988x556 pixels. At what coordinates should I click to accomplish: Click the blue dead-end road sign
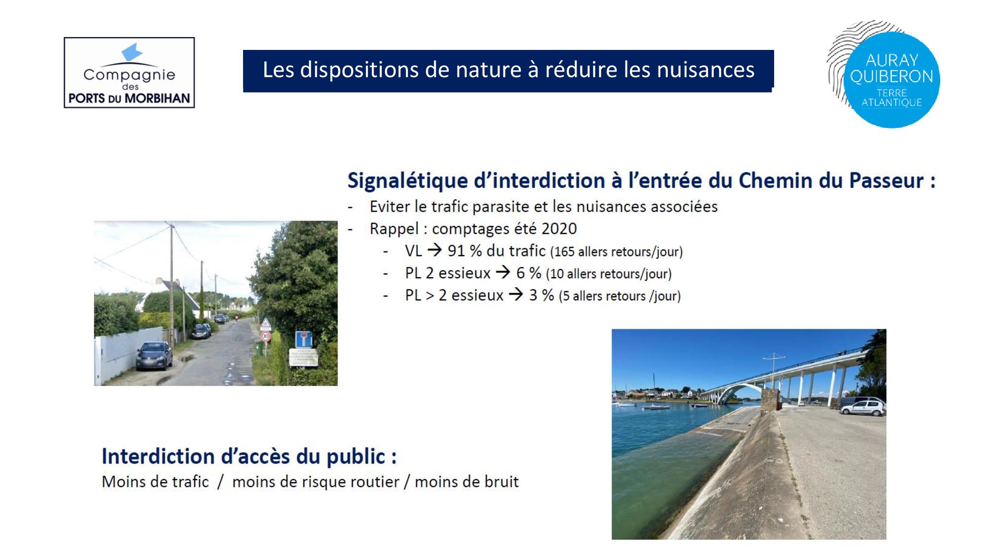click(x=303, y=339)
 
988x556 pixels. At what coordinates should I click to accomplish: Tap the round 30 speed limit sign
click(x=265, y=337)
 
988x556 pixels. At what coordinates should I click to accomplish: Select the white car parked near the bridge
click(x=863, y=408)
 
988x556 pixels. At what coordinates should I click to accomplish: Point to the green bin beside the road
click(x=258, y=348)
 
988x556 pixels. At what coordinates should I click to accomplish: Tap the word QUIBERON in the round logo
click(x=891, y=77)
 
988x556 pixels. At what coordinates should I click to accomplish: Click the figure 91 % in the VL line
click(x=464, y=251)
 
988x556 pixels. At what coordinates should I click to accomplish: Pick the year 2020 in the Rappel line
click(x=559, y=228)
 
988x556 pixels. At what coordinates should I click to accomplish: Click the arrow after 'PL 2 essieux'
click(x=503, y=272)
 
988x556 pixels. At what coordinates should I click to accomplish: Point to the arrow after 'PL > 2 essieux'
click(x=516, y=295)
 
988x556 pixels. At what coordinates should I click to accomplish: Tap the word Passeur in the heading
click(x=886, y=180)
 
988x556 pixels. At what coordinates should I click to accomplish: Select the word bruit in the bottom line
click(x=501, y=481)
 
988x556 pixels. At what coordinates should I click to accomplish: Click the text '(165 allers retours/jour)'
click(x=617, y=252)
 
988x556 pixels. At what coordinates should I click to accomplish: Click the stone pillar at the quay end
click(x=769, y=400)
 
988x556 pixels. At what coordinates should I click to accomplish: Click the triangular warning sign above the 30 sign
click(x=266, y=325)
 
